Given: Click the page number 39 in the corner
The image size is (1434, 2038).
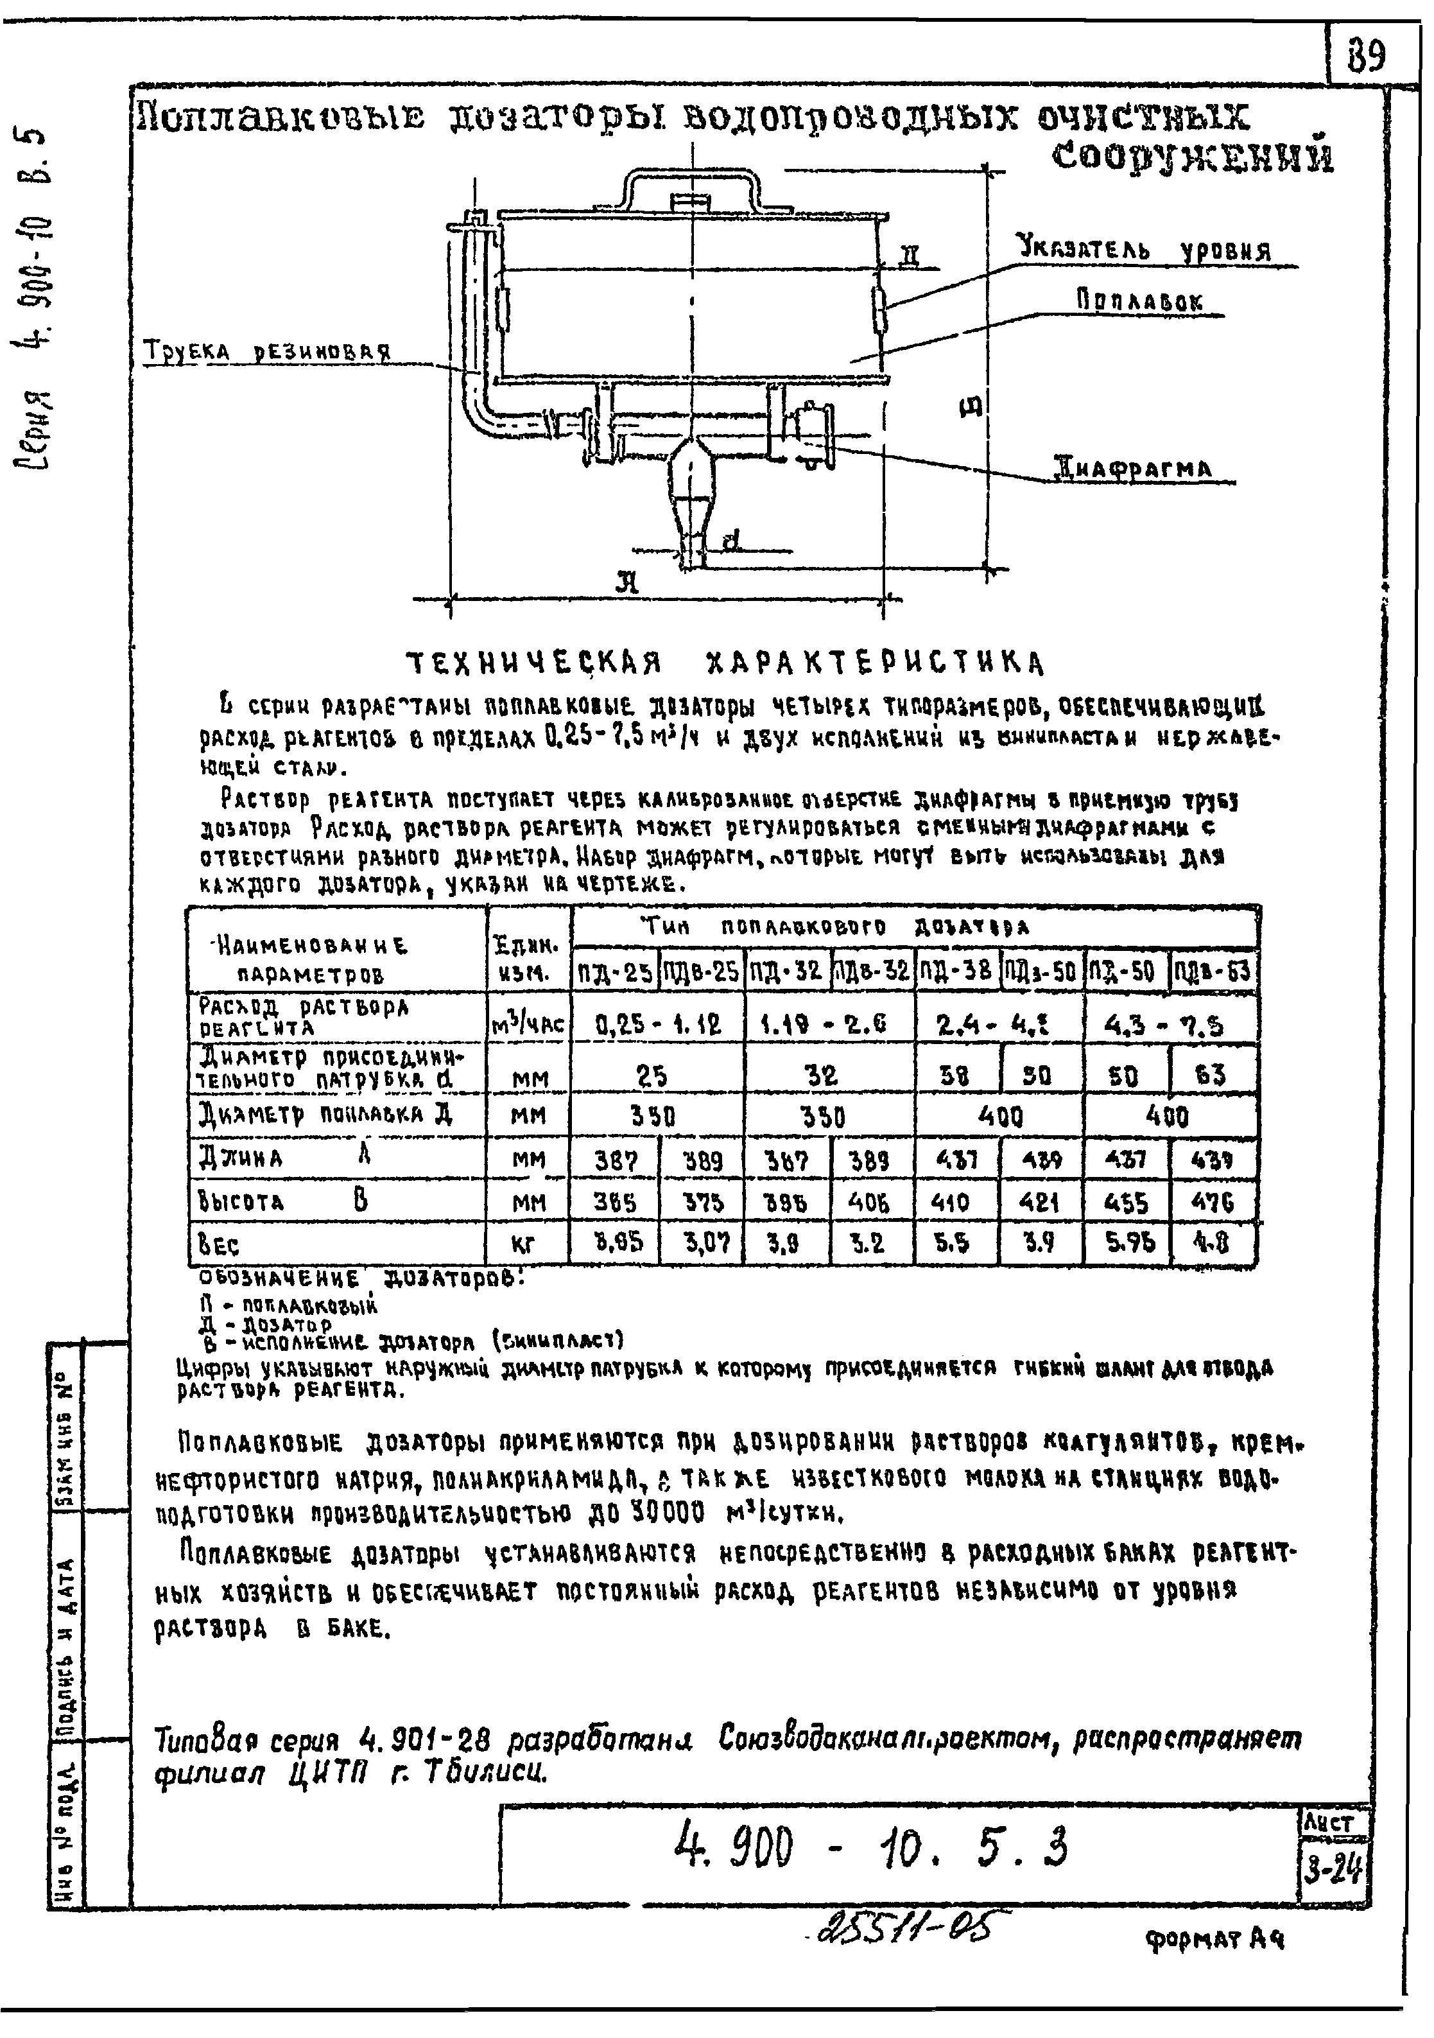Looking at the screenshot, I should [1367, 57].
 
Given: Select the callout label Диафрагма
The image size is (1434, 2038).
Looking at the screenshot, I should [1132, 468].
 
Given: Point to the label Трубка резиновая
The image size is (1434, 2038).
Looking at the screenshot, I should [267, 351].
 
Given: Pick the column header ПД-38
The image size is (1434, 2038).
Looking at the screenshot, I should [956, 971].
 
